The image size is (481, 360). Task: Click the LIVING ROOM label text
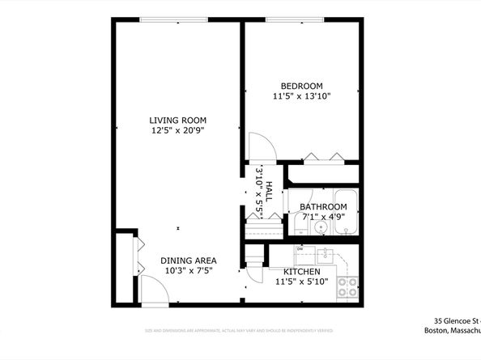tap(176, 121)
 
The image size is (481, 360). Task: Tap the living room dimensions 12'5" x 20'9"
tap(176, 130)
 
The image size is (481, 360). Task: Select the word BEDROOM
tap(301, 87)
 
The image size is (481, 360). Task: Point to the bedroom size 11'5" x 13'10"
tap(301, 96)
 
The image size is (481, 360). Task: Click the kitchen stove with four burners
tap(347, 286)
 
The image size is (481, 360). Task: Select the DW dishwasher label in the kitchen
tap(299, 248)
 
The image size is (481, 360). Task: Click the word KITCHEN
tap(301, 271)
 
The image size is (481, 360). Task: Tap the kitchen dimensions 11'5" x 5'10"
tap(301, 282)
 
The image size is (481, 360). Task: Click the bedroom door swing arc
tap(261, 150)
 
